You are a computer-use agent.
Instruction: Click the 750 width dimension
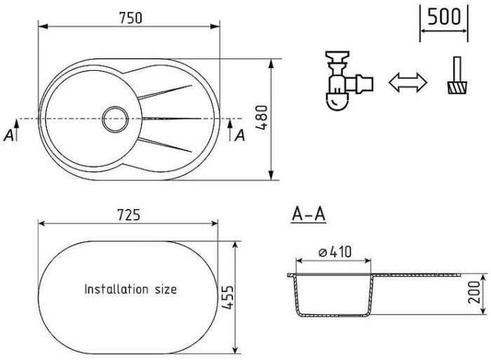tap(130, 18)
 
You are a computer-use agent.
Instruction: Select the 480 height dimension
tap(262, 117)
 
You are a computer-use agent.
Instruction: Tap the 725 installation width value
tap(128, 215)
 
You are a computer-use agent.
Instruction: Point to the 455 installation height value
tap(227, 297)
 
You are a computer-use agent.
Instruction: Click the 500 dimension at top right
tap(444, 17)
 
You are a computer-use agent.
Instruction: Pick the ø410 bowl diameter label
tap(335, 252)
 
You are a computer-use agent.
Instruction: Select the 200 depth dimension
tap(474, 292)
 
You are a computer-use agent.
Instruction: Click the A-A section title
tap(309, 215)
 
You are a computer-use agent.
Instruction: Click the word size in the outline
tap(166, 289)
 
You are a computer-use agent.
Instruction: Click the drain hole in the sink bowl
tap(115, 119)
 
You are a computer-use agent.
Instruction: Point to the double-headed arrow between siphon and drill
tap(408, 82)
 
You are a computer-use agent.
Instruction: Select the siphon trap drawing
tap(349, 81)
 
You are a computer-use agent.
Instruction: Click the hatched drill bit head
tap(457, 88)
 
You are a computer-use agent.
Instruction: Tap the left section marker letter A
tap(8, 135)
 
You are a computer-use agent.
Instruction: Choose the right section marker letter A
tap(240, 135)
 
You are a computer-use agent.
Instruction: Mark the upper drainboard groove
tap(165, 92)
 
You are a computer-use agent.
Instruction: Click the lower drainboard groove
tap(165, 145)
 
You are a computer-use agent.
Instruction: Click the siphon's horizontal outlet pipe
tap(359, 84)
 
